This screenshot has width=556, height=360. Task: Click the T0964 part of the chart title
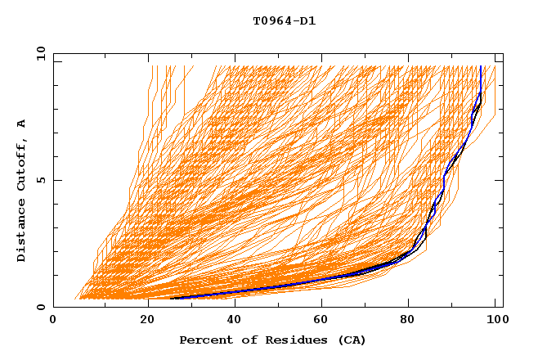270,21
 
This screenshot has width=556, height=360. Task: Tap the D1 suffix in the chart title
305,21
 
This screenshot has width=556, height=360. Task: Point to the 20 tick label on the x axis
148,320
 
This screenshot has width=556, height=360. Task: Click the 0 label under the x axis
54,320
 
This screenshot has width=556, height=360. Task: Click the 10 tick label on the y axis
38,52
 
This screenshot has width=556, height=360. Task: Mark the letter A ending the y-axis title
22,124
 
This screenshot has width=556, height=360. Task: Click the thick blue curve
327,281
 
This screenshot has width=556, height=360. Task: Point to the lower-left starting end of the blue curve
171,298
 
